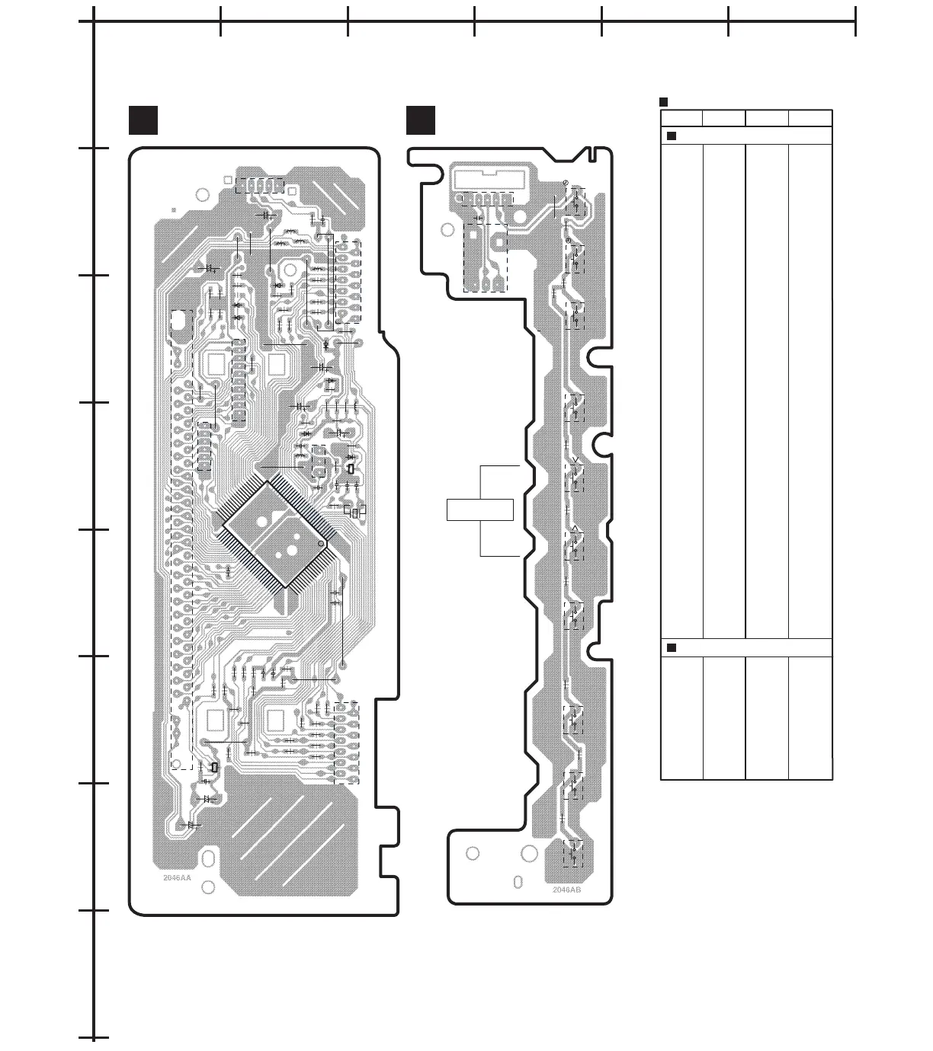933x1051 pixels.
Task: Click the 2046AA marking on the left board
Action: (x=177, y=877)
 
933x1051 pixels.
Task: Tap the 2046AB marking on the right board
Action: (x=567, y=889)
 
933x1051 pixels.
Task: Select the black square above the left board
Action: (x=143, y=120)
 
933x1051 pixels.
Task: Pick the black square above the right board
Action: (x=421, y=120)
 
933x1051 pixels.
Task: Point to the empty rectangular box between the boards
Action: (x=479, y=509)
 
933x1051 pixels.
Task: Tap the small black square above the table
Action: (x=663, y=102)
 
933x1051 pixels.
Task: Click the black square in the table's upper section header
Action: (x=672, y=136)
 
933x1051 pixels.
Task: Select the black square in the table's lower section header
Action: (x=672, y=647)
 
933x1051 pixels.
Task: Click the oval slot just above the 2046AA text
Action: (x=207, y=860)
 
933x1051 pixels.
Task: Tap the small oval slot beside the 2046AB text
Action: (x=518, y=882)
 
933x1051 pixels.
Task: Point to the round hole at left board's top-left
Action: (x=202, y=194)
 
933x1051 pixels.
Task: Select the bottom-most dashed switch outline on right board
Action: (x=573, y=853)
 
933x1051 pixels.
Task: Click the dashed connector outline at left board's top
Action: (x=259, y=185)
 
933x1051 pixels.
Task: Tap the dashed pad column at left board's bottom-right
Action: (x=345, y=743)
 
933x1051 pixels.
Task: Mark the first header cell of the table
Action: (x=681, y=118)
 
